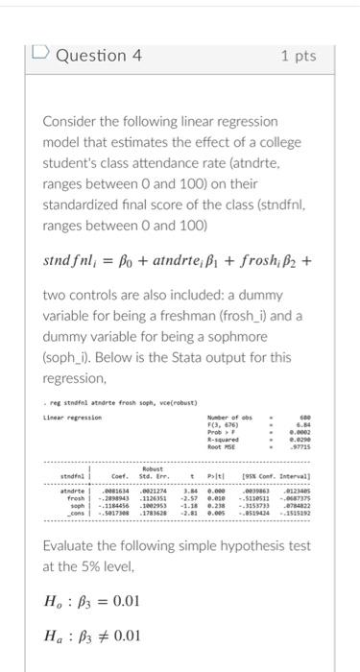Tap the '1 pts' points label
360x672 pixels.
click(x=299, y=57)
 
